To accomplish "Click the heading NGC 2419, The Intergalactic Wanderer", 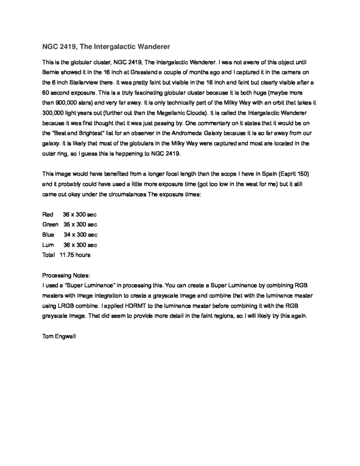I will coord(106,46).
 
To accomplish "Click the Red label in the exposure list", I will coord(48,214).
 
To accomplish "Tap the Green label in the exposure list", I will coord(50,224).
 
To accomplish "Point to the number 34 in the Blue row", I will coord(67,235).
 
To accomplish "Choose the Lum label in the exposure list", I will coord(48,245).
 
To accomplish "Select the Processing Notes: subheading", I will coord(66,275).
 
